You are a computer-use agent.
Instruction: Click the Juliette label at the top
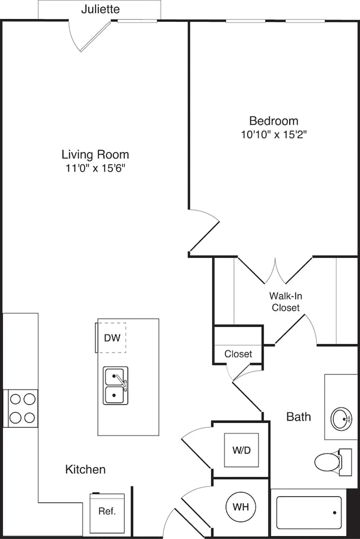[100, 10]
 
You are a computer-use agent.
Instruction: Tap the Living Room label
[95, 154]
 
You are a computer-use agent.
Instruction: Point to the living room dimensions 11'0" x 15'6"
[95, 168]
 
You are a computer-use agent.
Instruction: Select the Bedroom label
[274, 121]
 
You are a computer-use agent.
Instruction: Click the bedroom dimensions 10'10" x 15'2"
[274, 135]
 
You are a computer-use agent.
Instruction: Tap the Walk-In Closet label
[285, 302]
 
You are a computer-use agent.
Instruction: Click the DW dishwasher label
[111, 338]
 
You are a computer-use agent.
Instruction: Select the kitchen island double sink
[115, 386]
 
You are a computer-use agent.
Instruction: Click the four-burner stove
[22, 408]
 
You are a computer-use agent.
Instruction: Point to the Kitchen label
[85, 469]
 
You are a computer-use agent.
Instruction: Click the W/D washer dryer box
[241, 450]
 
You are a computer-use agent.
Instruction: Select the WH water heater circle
[241, 507]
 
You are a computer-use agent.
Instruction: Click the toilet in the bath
[330, 462]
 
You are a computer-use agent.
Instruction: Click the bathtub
[309, 513]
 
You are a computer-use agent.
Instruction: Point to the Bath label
[298, 417]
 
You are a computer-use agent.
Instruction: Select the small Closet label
[238, 354]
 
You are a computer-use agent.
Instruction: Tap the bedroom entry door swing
[203, 230]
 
